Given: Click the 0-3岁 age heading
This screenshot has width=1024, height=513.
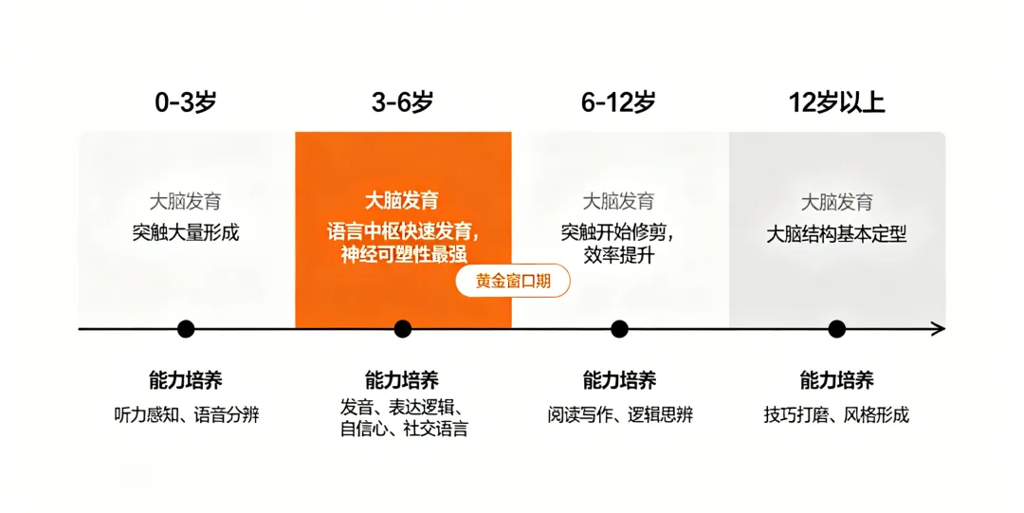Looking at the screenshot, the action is (x=186, y=102).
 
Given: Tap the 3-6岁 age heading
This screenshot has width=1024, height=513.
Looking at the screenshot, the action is (x=402, y=102).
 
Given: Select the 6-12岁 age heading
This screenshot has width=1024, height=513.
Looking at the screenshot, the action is (x=618, y=102).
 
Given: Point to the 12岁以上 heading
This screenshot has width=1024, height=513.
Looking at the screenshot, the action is (x=836, y=102).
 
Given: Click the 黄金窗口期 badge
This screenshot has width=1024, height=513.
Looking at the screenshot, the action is (x=513, y=281).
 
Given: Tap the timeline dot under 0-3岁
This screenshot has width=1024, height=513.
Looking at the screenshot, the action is (x=186, y=329).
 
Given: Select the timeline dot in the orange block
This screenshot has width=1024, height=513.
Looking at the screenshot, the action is (x=403, y=329).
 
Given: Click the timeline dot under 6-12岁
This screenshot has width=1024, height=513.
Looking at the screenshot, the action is (x=620, y=329).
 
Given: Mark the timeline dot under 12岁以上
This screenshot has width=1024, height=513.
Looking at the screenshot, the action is (x=836, y=329).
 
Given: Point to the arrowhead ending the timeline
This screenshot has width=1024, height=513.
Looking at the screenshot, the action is (x=941, y=329).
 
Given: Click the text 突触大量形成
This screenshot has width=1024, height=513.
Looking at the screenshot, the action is (x=186, y=232).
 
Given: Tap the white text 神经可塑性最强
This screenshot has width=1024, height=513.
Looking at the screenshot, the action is (x=404, y=254).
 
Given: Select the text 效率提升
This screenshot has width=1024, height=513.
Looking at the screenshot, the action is (x=618, y=255).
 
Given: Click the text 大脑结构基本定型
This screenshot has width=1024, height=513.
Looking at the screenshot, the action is (x=836, y=234).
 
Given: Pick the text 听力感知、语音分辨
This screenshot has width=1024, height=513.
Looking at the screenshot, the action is (x=187, y=415).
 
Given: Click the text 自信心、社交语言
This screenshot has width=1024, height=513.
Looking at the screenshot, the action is (x=404, y=430).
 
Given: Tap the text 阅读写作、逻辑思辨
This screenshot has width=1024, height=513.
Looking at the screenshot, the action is (x=620, y=415).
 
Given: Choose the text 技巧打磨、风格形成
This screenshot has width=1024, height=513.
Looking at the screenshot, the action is (x=836, y=415).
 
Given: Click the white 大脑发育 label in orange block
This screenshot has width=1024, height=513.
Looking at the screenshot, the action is (x=402, y=201).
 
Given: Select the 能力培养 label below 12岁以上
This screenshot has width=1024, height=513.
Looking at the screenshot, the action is (x=836, y=379).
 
